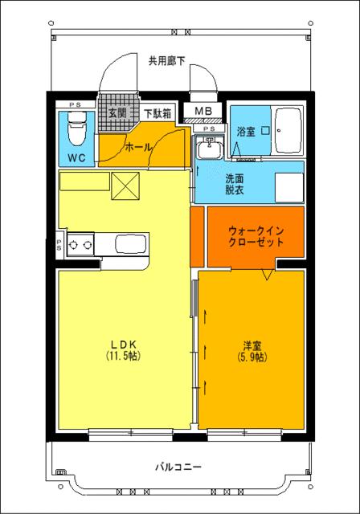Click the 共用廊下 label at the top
pyautogui.click(x=166, y=60)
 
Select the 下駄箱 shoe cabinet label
pyautogui.click(x=157, y=113)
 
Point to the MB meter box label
pyautogui.click(x=202, y=112)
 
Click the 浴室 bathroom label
pyautogui.click(x=246, y=132)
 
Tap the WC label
pyautogui.click(x=76, y=157)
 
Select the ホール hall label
pyautogui.click(x=138, y=148)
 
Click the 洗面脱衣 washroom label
pyautogui.click(x=235, y=185)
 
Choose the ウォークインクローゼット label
pyautogui.click(x=255, y=235)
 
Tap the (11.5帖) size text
pyautogui.click(x=122, y=356)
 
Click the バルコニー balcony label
pyautogui.click(x=178, y=466)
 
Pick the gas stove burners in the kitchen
pyautogui.click(x=80, y=245)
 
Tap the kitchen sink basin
pyautogui.click(x=131, y=244)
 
